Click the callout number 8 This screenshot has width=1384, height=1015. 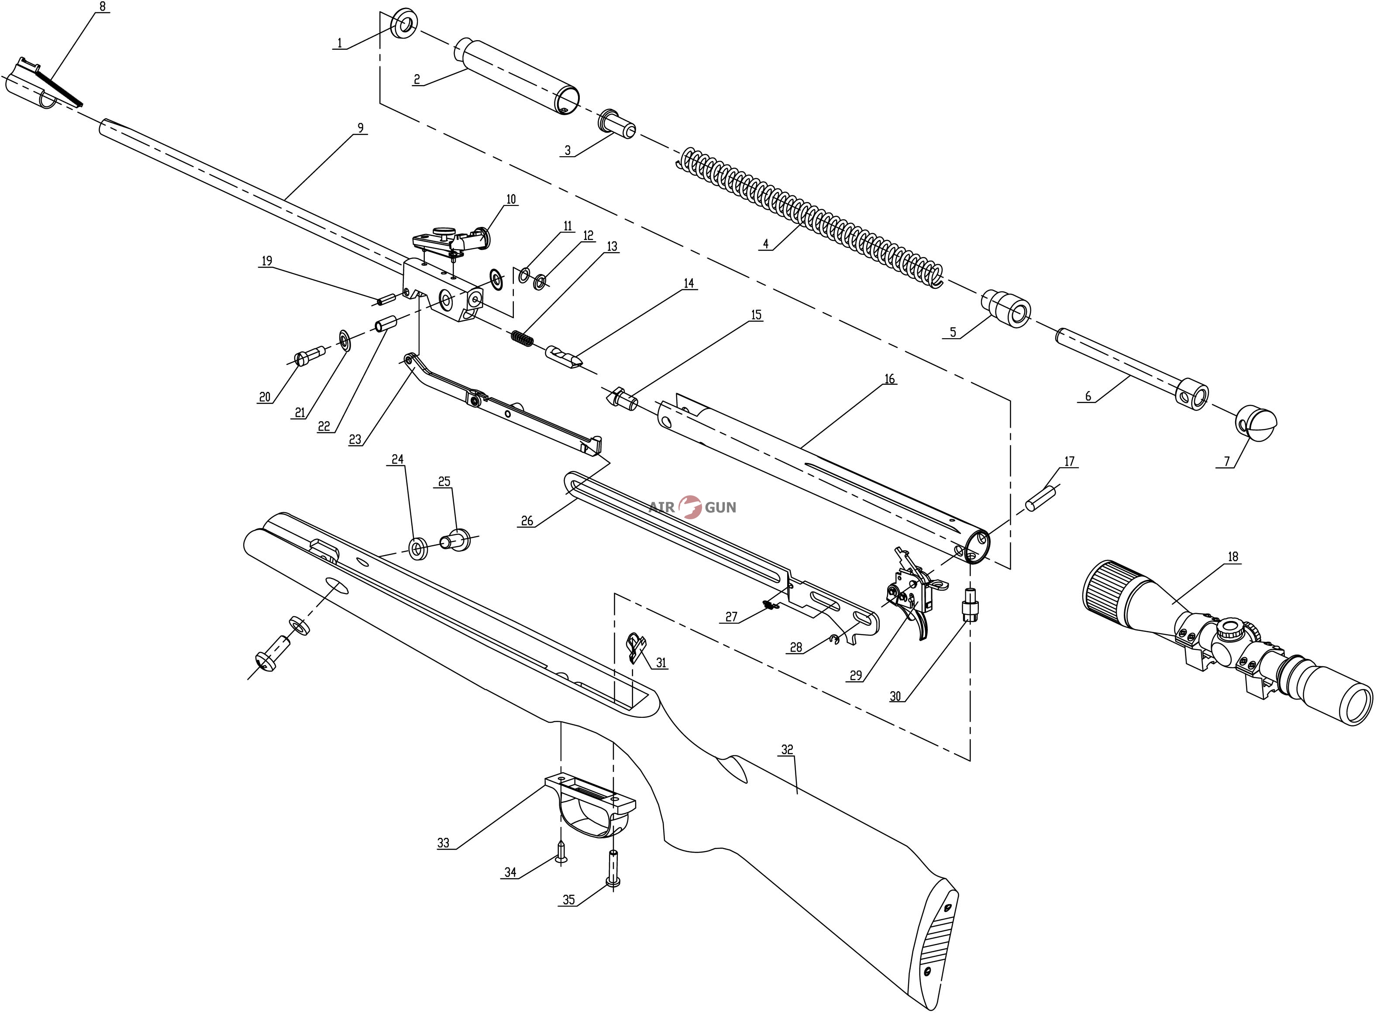tap(102, 7)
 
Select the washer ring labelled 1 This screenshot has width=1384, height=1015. tap(404, 24)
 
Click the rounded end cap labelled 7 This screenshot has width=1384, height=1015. tap(1257, 422)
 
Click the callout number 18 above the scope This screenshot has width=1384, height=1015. tap(1233, 557)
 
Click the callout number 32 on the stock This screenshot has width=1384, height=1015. tap(787, 750)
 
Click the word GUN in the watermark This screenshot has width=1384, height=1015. tap(720, 507)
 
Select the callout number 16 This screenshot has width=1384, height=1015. tap(889, 379)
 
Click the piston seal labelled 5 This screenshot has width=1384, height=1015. tap(1009, 309)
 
